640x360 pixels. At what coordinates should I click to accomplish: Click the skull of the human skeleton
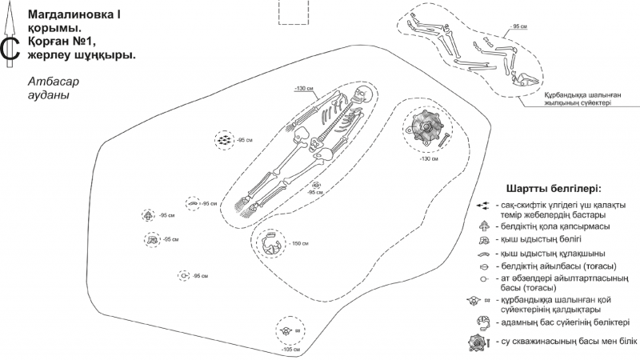pyautogui.click(x=362, y=95)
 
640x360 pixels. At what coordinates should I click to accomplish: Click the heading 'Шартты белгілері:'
pyautogui.click(x=554, y=190)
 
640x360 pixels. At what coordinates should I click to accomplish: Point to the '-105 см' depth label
pyautogui.click(x=290, y=350)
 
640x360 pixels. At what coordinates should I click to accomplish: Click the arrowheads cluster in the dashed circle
pyautogui.click(x=224, y=140)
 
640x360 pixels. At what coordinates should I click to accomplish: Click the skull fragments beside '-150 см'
pyautogui.click(x=270, y=244)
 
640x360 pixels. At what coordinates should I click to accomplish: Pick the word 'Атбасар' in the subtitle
pyautogui.click(x=54, y=82)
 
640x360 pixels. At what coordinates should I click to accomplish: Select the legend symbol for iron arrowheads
pyautogui.click(x=483, y=206)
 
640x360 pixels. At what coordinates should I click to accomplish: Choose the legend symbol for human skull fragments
pyautogui.click(x=484, y=323)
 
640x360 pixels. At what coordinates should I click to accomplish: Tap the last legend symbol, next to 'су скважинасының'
pyautogui.click(x=478, y=343)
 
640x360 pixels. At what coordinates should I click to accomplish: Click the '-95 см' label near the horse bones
pyautogui.click(x=518, y=26)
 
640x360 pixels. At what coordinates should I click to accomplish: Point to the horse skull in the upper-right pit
pyautogui.click(x=526, y=79)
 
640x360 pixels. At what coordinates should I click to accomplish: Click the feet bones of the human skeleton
pyautogui.click(x=247, y=206)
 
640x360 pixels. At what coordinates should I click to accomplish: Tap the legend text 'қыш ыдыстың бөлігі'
pyautogui.click(x=538, y=239)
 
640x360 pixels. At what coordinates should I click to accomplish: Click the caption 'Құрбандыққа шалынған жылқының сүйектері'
pyautogui.click(x=582, y=98)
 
